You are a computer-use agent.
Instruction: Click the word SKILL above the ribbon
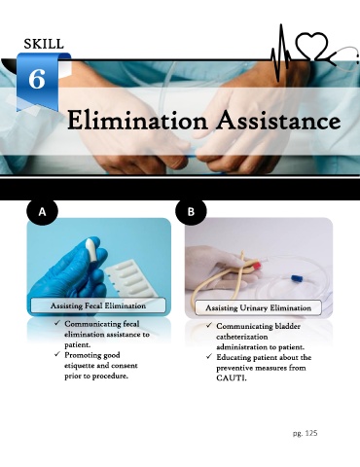pos(44,44)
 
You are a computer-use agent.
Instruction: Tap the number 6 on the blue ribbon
pos(37,79)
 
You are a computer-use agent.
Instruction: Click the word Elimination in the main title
pos(137,121)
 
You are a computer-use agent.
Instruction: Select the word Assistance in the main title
pos(279,121)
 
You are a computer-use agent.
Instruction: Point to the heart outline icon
pos(311,46)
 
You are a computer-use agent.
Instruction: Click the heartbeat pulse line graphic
pos(281,54)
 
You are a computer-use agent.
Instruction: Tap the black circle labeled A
pos(42,212)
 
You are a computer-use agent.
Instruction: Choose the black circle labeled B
pos(191,212)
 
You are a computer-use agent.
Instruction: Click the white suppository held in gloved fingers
pos(92,250)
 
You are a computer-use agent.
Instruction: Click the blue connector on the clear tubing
pos(297,278)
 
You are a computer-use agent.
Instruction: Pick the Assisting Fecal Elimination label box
pos(98,305)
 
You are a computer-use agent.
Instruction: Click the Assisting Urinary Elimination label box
pos(258,307)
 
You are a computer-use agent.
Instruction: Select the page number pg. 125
pos(305,433)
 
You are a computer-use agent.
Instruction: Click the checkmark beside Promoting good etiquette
pos(57,354)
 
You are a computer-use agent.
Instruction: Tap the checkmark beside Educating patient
pos(209,357)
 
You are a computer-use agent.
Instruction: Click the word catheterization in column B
pos(242,337)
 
